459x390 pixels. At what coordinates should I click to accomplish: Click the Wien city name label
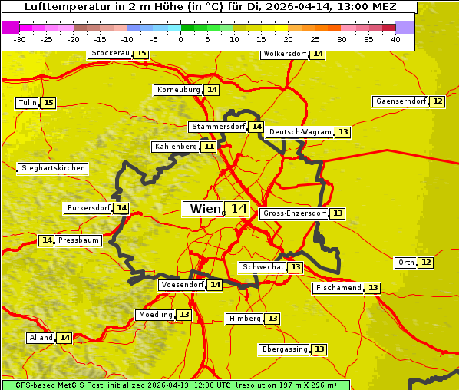click(x=204, y=209)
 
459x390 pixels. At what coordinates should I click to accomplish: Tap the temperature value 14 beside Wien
click(x=238, y=209)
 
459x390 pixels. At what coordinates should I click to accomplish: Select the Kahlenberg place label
click(x=176, y=147)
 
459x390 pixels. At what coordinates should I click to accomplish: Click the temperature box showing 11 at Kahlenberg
click(x=209, y=147)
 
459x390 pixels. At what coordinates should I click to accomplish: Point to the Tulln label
click(x=27, y=103)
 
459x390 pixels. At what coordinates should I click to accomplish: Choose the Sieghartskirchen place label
click(x=52, y=168)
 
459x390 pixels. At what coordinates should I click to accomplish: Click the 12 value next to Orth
click(x=426, y=263)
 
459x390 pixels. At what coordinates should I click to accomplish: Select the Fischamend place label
click(x=338, y=288)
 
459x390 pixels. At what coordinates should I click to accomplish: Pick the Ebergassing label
click(x=284, y=349)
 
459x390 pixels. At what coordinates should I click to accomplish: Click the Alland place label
click(x=41, y=338)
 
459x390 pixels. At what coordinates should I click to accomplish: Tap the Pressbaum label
click(x=78, y=240)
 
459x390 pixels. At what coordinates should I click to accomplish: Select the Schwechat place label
click(x=263, y=267)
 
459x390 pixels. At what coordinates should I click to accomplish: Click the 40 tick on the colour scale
click(x=395, y=38)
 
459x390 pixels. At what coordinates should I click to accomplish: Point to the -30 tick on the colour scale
click(x=21, y=38)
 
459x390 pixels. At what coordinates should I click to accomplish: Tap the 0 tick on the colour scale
click(x=181, y=38)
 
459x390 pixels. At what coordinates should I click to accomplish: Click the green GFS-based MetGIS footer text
click(x=175, y=385)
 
